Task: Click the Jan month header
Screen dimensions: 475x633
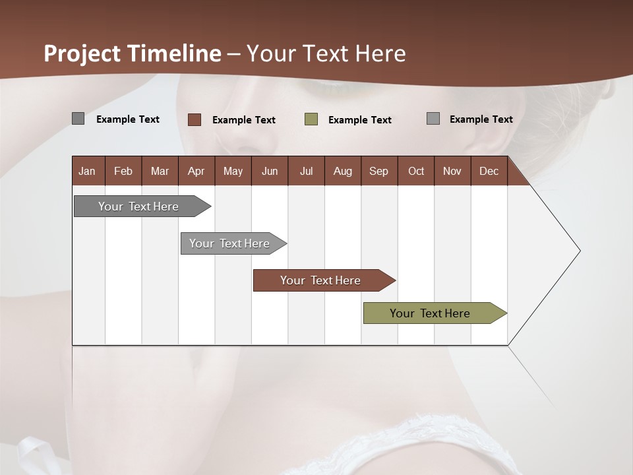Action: point(87,171)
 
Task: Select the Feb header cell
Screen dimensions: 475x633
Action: point(123,171)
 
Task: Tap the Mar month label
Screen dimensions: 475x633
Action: point(160,171)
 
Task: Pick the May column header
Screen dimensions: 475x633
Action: point(233,171)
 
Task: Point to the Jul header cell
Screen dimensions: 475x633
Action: point(306,171)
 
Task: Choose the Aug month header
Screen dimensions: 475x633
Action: point(343,171)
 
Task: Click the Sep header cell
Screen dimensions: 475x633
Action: point(379,171)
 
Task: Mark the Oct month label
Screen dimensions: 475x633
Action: point(416,171)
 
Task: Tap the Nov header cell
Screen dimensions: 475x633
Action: point(452,171)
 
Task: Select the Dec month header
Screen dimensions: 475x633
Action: point(489,171)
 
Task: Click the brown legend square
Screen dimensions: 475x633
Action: point(195,119)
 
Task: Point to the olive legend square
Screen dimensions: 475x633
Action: point(311,119)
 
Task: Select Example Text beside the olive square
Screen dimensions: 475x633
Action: point(360,120)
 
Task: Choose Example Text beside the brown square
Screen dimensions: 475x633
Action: point(244,120)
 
